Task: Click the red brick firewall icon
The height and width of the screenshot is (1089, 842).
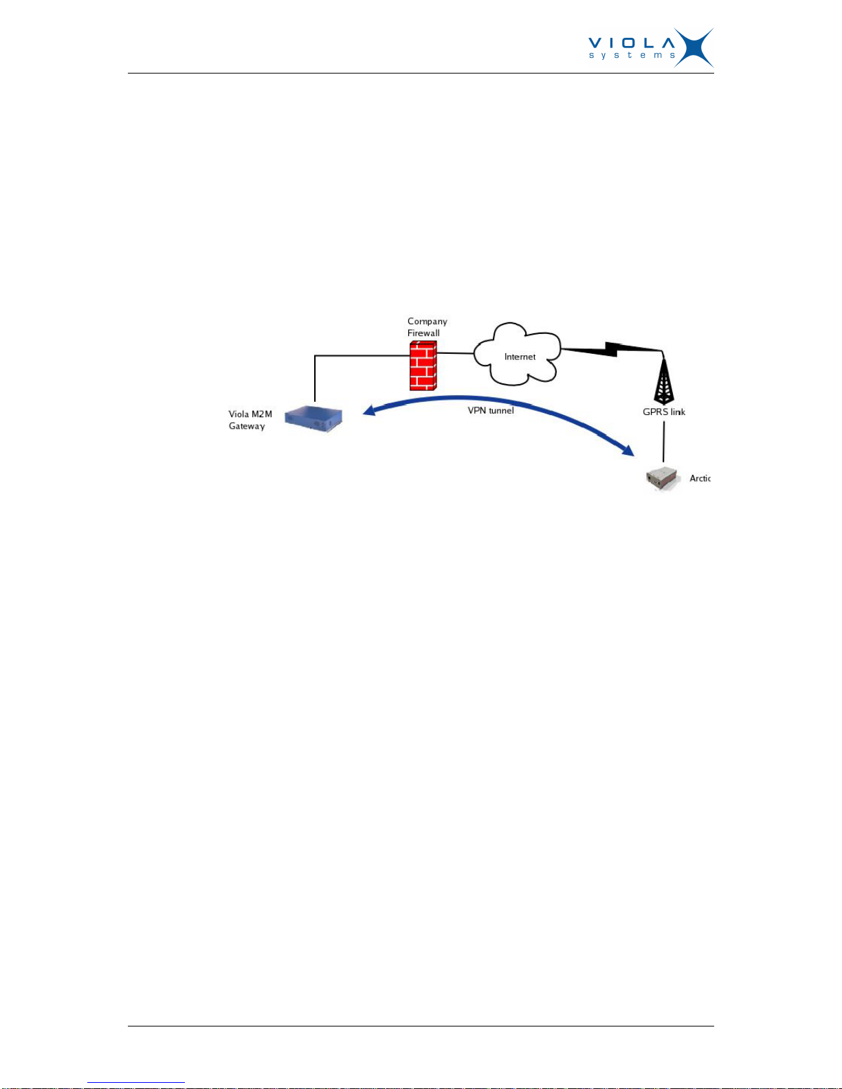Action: tap(423, 366)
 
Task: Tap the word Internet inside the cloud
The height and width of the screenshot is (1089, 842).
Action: tap(520, 357)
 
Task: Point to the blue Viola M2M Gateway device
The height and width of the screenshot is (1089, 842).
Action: tap(313, 418)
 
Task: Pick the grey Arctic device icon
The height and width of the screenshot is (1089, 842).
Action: tap(663, 478)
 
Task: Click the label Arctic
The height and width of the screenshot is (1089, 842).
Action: tap(700, 478)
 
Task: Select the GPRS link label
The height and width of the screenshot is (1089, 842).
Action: tap(664, 412)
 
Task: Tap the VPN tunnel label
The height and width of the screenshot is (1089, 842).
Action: tap(491, 410)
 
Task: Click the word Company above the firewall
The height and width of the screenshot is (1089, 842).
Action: tap(427, 321)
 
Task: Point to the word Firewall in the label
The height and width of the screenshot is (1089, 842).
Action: tap(423, 333)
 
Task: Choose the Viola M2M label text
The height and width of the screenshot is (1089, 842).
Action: tap(250, 414)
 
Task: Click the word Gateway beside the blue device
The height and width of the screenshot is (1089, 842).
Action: tap(247, 426)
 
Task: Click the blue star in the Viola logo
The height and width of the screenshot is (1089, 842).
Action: tap(694, 47)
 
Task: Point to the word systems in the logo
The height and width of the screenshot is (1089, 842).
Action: tap(632, 55)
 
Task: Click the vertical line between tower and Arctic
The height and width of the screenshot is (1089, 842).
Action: tap(664, 441)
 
